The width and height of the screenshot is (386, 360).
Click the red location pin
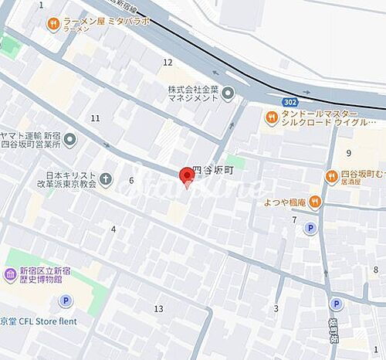click(x=186, y=177)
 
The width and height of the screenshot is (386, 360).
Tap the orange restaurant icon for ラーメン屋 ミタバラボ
click(x=52, y=22)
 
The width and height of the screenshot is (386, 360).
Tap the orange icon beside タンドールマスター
click(x=271, y=117)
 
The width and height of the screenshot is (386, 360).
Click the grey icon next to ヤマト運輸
click(x=70, y=140)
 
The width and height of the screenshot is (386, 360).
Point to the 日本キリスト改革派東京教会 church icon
click(x=106, y=180)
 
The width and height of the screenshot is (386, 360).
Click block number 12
click(x=168, y=62)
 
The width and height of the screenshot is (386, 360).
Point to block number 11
click(x=95, y=118)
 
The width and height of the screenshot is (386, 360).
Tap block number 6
click(x=131, y=181)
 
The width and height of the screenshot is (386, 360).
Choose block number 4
click(x=113, y=229)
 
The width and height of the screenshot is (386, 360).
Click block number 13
click(x=158, y=309)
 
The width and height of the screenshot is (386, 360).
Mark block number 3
click(x=276, y=309)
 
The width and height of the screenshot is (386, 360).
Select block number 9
click(x=349, y=153)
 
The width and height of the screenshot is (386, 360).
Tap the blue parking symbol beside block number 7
click(x=310, y=228)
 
